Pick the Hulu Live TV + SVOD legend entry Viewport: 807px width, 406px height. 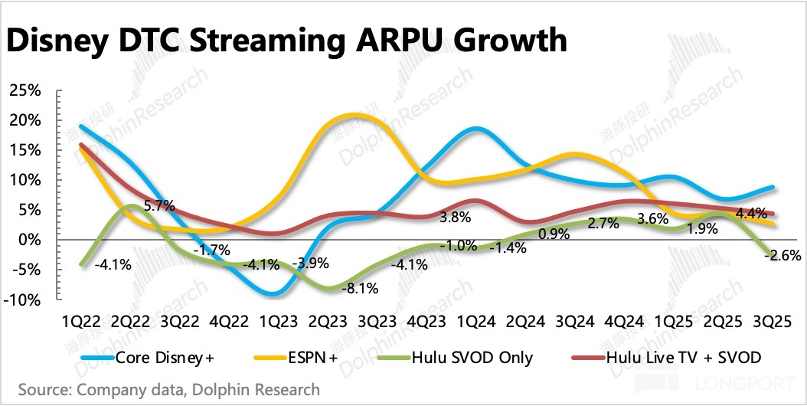point(674,356)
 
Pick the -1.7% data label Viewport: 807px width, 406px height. point(208,250)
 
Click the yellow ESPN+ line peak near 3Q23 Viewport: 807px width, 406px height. point(354,116)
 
